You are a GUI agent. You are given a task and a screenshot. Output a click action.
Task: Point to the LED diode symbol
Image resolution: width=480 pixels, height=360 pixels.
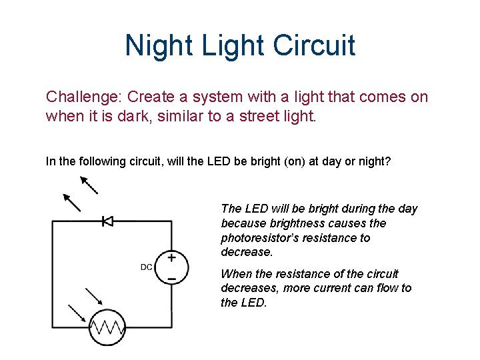(x=107, y=221)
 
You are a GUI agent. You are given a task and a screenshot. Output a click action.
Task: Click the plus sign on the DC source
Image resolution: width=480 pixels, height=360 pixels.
(x=171, y=257)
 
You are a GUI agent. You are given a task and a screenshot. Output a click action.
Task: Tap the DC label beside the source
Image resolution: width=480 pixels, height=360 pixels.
(x=147, y=267)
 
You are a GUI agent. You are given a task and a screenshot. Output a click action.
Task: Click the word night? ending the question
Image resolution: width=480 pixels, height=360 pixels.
(x=376, y=161)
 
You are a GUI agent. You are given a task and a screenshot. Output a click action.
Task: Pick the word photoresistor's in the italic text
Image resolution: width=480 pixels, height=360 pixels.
(x=262, y=238)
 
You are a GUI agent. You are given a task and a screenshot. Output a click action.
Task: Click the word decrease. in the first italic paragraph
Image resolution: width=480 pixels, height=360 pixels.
(x=247, y=253)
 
